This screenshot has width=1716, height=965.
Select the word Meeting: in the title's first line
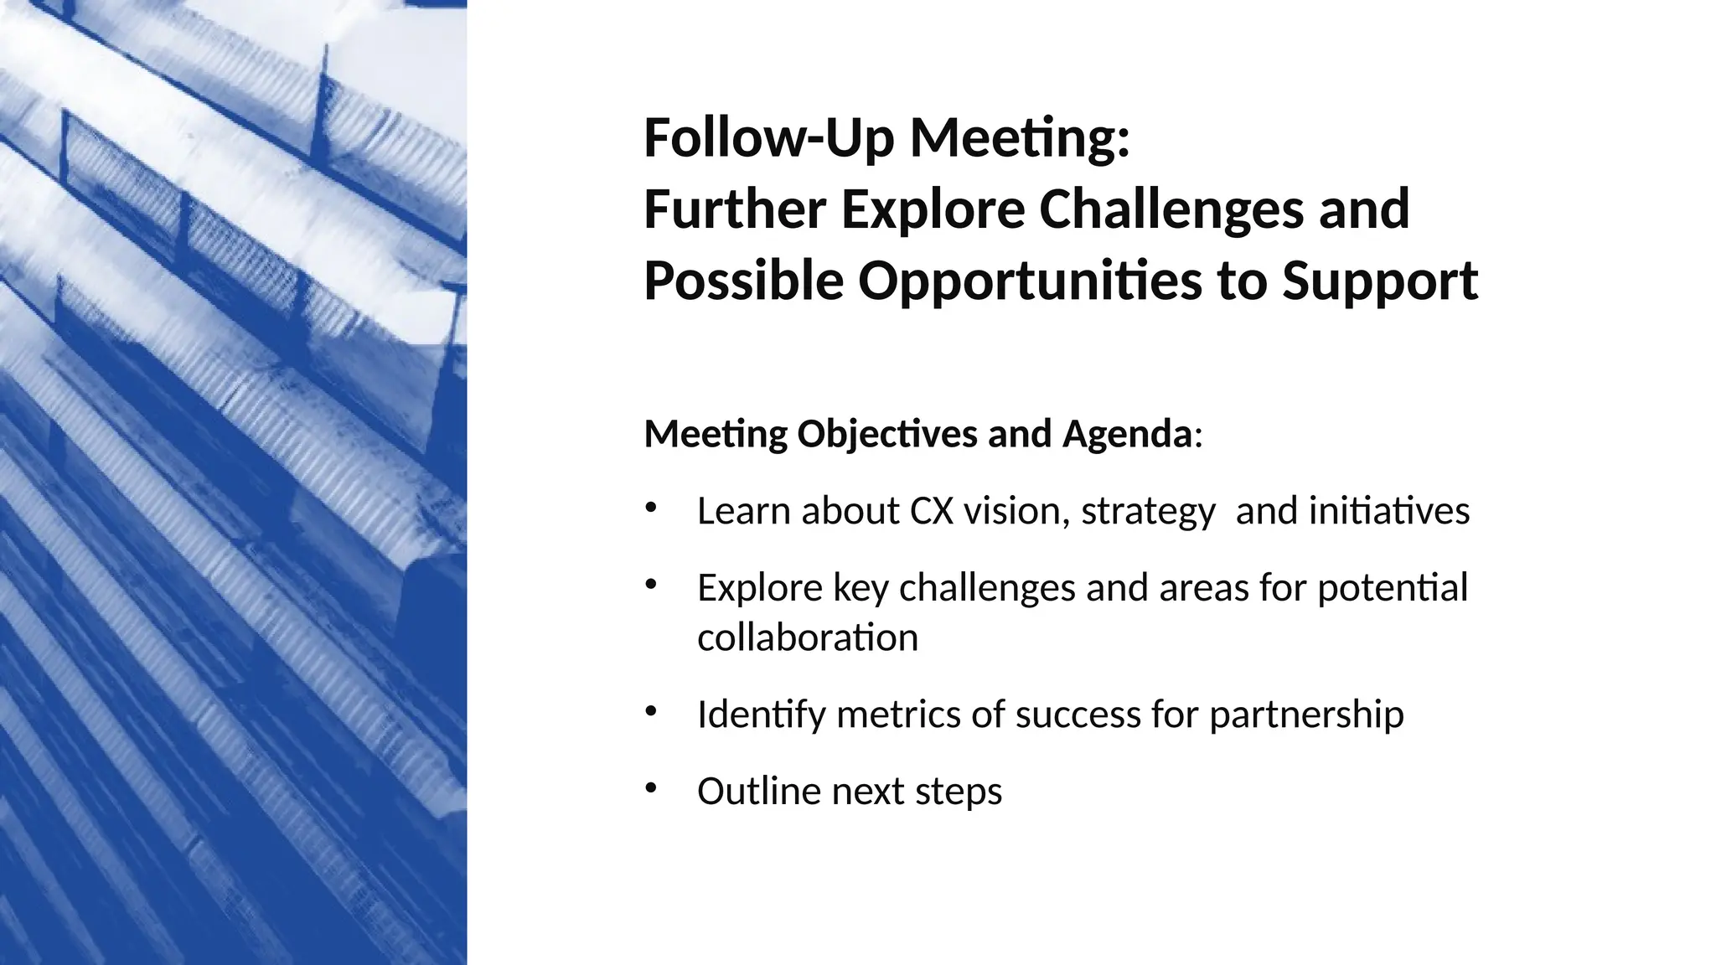pyautogui.click(x=1020, y=138)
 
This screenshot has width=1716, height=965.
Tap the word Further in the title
pyautogui.click(x=734, y=209)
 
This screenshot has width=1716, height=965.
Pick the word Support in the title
pyautogui.click(x=1379, y=281)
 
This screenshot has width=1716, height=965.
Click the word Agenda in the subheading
pyautogui.click(x=1127, y=434)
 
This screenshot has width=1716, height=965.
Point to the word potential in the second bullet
pyautogui.click(x=1393, y=588)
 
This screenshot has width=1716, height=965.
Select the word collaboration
pyautogui.click(x=808, y=637)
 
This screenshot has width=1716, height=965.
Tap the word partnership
pyautogui.click(x=1306, y=715)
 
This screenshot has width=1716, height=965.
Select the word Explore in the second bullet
pyautogui.click(x=759, y=588)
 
